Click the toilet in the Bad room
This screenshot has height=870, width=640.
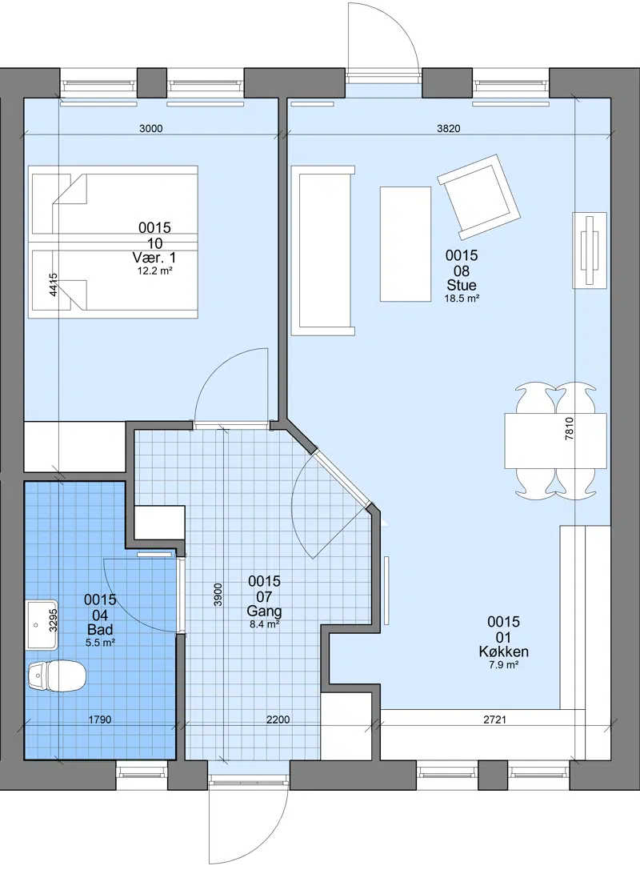click(57, 675)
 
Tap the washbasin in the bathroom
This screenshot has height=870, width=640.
click(42, 625)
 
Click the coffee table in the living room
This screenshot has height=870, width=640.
click(406, 244)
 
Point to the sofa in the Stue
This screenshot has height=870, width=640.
click(322, 251)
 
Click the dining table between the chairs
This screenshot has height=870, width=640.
click(555, 440)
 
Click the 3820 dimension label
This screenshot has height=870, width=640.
click(449, 129)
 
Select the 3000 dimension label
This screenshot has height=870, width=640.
click(151, 129)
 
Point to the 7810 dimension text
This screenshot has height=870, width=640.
click(569, 428)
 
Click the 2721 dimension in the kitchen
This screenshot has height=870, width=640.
click(494, 720)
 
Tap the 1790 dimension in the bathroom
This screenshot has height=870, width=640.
click(100, 720)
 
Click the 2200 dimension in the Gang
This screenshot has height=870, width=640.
click(278, 720)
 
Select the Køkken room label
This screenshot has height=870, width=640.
click(503, 652)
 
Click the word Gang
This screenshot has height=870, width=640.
click(265, 611)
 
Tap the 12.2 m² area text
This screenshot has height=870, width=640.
click(154, 271)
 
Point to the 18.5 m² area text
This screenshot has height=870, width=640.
click(462, 299)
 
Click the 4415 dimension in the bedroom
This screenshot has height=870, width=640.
click(54, 285)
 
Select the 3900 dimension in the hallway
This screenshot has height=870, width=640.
click(218, 594)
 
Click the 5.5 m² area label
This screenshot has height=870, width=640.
click(100, 643)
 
